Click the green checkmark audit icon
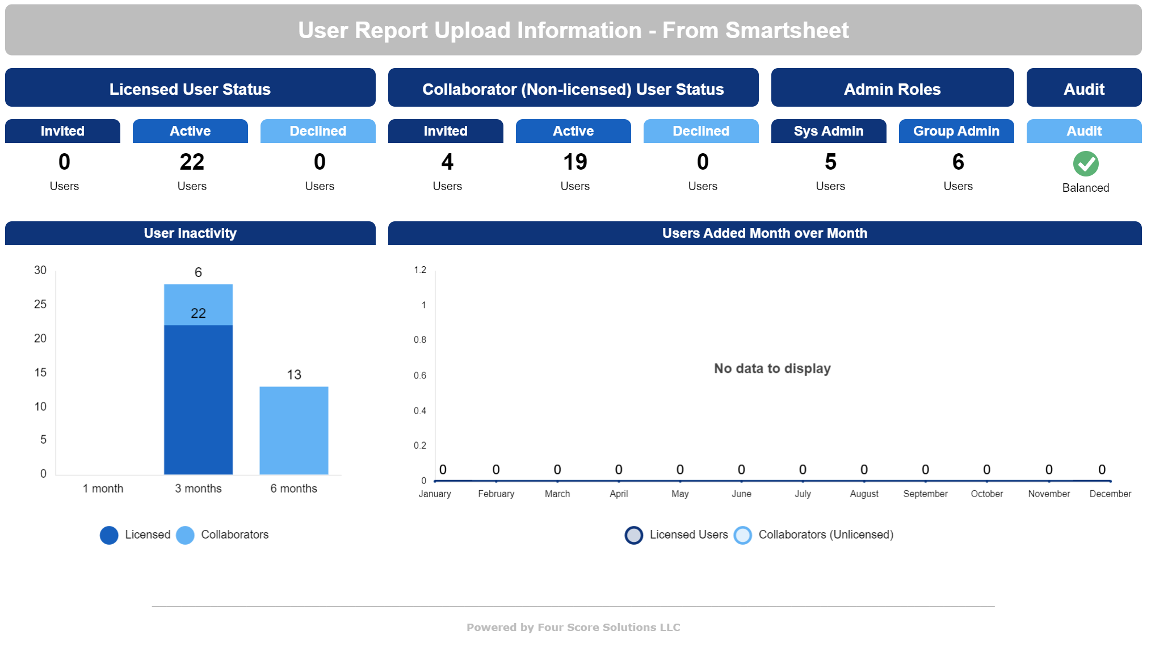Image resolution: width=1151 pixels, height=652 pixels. (1085, 163)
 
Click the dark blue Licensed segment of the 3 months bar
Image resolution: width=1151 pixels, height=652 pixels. (198, 399)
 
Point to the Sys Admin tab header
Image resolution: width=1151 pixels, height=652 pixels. (828, 131)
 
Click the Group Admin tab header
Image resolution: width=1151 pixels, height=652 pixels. (956, 131)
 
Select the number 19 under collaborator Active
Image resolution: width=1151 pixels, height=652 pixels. (574, 162)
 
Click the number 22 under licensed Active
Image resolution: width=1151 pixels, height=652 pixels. (192, 162)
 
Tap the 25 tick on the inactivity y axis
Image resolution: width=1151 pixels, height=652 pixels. (40, 304)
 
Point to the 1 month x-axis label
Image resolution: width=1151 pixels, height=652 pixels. (103, 489)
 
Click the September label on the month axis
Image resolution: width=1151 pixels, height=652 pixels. (925, 494)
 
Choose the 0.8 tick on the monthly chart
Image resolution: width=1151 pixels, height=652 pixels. (420, 340)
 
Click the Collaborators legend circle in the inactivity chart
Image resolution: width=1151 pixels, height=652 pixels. (185, 535)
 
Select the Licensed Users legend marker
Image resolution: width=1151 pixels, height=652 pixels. (634, 535)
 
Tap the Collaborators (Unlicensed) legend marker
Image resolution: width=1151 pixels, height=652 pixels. (742, 535)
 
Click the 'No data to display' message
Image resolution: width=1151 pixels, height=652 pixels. (772, 369)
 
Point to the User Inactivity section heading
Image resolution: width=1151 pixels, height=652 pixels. (190, 233)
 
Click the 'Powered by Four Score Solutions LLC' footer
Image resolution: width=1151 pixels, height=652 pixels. (573, 627)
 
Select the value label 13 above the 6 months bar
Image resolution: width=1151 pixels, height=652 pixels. (294, 375)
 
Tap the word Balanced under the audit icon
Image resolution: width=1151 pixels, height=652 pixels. (1085, 188)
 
